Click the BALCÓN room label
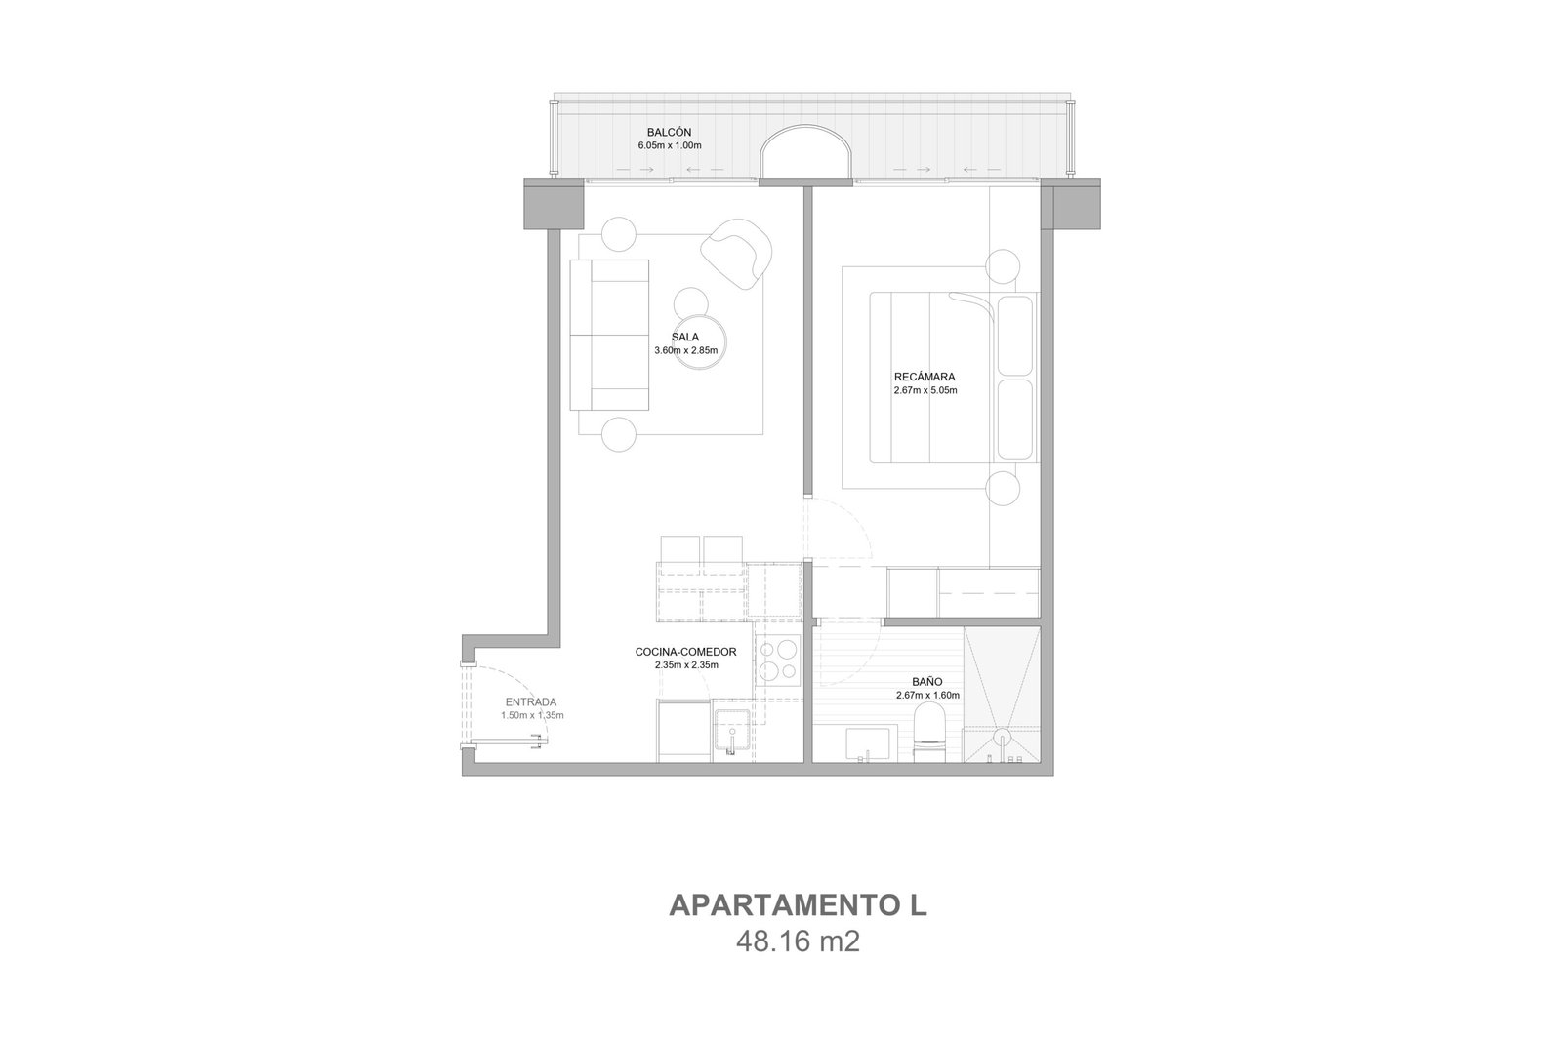669,133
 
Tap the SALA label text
684,338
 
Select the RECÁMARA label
925,377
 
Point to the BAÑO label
927,681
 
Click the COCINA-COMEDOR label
685,652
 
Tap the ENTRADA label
531,702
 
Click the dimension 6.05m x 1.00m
670,145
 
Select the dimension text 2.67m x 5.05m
925,390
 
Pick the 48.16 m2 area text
798,942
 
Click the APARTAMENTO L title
798,905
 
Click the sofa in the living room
609,335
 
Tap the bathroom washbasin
868,744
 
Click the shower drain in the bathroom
1002,737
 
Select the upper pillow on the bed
1015,336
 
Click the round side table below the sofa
619,434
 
